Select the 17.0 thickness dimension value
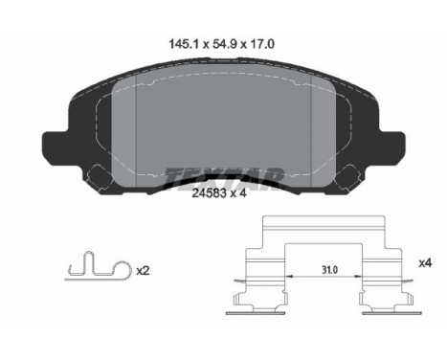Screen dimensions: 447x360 pyautogui.click(x=261, y=44)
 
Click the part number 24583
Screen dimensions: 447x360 pyautogui.click(x=209, y=192)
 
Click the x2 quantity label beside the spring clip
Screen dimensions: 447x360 pyautogui.click(x=143, y=271)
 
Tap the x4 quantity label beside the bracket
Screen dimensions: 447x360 pyautogui.click(x=425, y=263)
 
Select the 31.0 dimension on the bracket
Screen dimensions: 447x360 pyautogui.click(x=329, y=270)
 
